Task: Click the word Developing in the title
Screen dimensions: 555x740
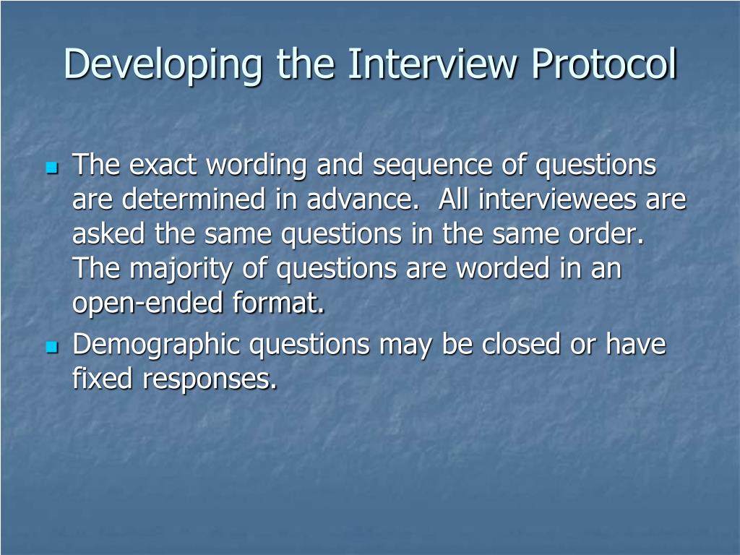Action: point(163,65)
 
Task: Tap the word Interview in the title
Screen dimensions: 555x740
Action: point(433,65)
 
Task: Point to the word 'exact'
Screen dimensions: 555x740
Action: point(165,165)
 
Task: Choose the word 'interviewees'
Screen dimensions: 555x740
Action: point(555,200)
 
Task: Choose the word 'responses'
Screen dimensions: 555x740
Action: point(210,380)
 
